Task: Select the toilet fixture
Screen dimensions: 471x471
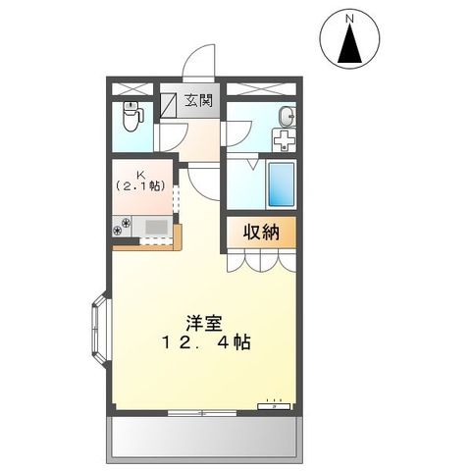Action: tap(132, 118)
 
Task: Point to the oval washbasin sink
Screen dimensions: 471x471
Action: tap(286, 117)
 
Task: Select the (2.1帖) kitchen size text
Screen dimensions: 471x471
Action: tap(142, 184)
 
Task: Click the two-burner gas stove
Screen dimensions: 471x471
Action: tap(123, 228)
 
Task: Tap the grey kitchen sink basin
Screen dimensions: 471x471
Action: tap(154, 228)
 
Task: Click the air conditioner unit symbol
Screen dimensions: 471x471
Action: tap(275, 403)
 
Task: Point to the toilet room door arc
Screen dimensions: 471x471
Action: tap(168, 138)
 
